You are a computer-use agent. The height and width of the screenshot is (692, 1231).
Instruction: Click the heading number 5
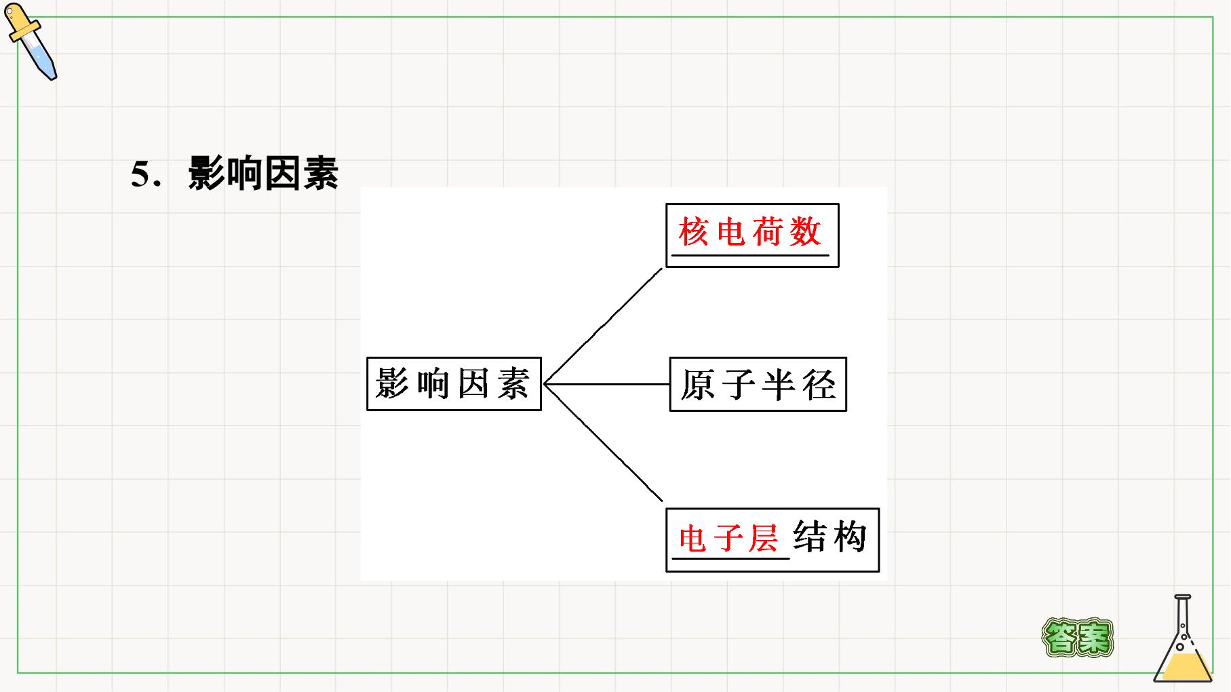[x=141, y=175]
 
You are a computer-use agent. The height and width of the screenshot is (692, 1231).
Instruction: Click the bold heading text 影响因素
[x=263, y=174]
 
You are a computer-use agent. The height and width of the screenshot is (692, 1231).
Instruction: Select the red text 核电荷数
[x=750, y=232]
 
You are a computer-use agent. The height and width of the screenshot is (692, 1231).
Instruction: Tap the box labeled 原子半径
[x=758, y=384]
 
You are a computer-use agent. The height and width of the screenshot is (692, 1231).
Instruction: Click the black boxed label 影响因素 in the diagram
[x=454, y=384]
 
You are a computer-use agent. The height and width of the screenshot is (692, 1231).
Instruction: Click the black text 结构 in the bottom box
[x=831, y=537]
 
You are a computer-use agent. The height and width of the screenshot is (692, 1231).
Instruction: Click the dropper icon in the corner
[x=31, y=41]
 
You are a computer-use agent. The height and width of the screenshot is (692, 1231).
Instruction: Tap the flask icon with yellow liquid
[x=1183, y=638]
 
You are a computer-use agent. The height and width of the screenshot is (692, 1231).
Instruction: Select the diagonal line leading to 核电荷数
[x=603, y=326]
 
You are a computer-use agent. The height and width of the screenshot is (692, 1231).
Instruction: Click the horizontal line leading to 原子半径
[x=607, y=384]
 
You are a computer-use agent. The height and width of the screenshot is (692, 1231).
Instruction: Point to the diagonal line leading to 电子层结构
[x=603, y=443]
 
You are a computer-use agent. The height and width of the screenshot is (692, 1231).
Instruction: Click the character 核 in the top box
[x=693, y=232]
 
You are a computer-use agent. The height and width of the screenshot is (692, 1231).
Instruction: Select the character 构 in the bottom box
[x=851, y=537]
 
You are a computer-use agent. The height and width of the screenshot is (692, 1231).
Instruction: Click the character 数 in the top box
[x=806, y=232]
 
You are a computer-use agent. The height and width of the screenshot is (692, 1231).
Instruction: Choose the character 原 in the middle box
[x=697, y=385]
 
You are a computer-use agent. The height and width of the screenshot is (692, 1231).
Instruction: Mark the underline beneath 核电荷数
[x=750, y=256]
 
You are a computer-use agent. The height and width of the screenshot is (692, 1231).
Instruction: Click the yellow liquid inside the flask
[x=1184, y=667]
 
